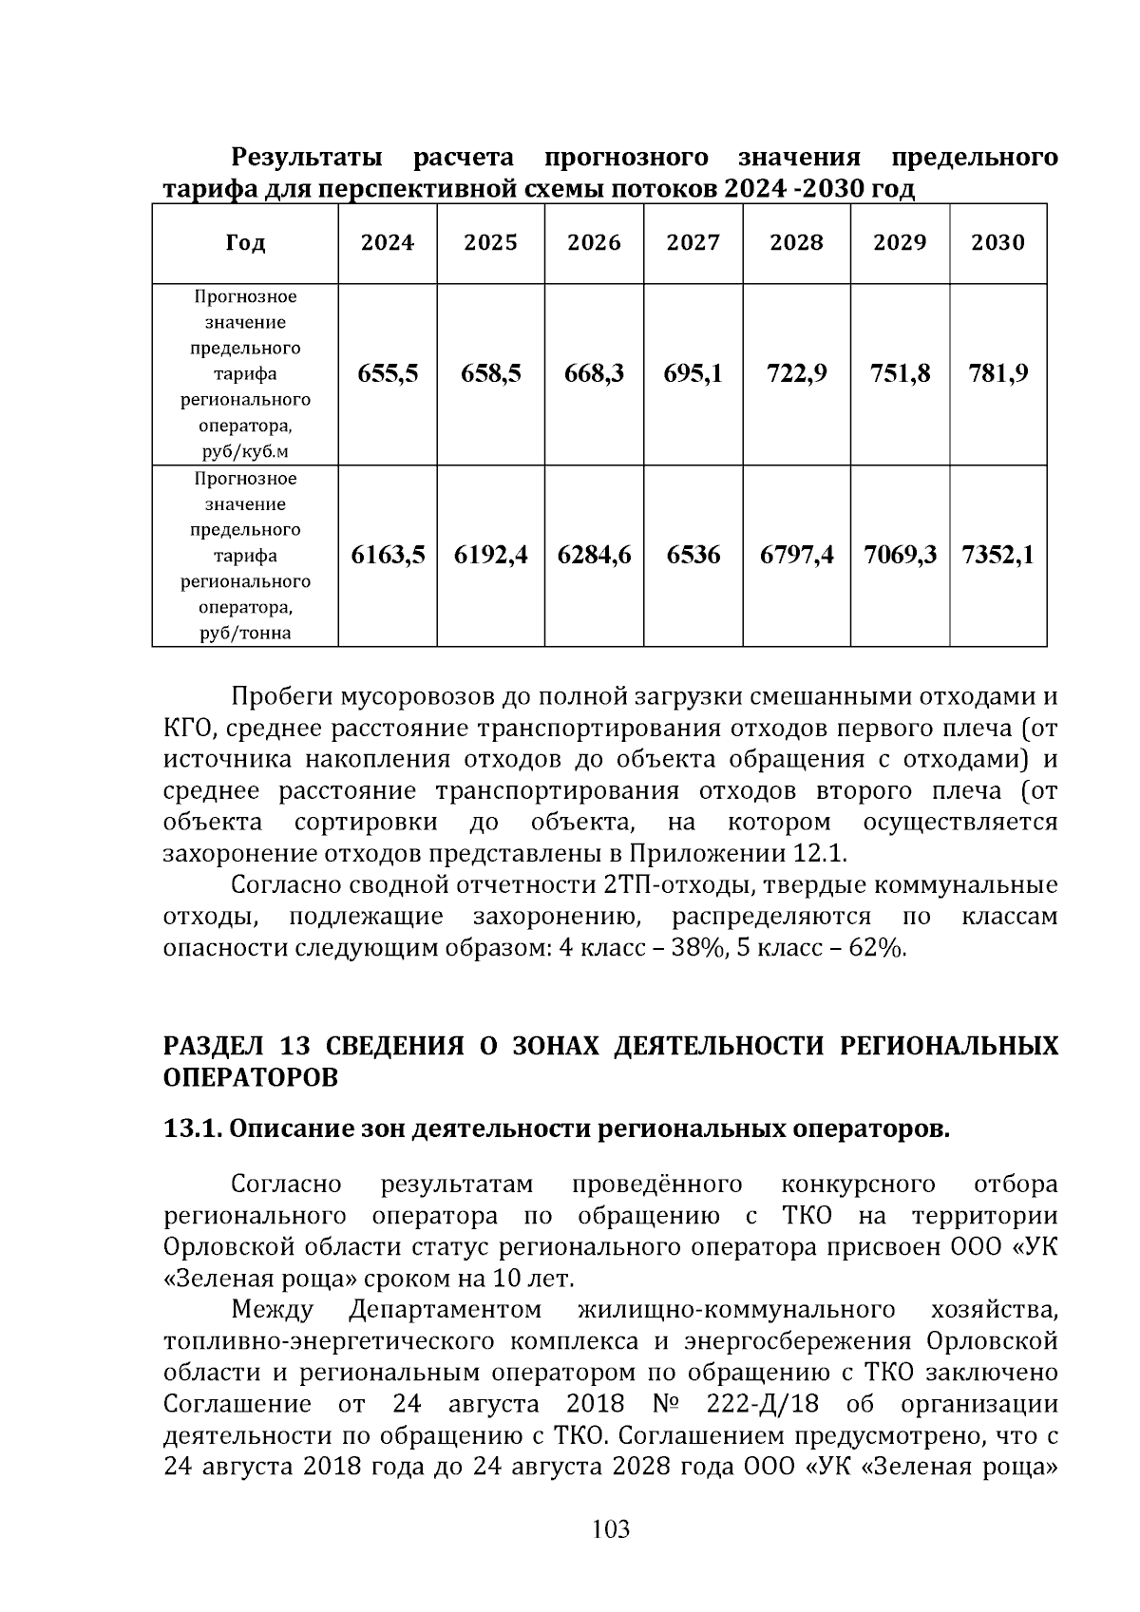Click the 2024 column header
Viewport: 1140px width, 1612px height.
(387, 243)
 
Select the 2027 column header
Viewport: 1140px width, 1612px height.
(693, 243)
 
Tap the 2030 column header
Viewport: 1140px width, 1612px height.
(997, 243)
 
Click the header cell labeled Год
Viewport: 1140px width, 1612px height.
(245, 243)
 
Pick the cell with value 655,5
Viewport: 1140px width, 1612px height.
(387, 373)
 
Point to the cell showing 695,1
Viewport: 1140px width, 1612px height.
(693, 373)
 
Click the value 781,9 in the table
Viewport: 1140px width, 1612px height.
(997, 373)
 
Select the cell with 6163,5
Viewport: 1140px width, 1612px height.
(387, 555)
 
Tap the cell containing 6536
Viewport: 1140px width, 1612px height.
(693, 555)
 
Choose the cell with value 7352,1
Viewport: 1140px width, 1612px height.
(997, 555)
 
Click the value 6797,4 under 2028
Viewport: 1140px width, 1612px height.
(796, 555)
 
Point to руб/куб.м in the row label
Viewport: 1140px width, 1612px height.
(245, 450)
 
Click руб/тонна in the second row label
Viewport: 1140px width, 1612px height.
(245, 633)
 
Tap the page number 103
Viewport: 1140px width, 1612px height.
(610, 1528)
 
